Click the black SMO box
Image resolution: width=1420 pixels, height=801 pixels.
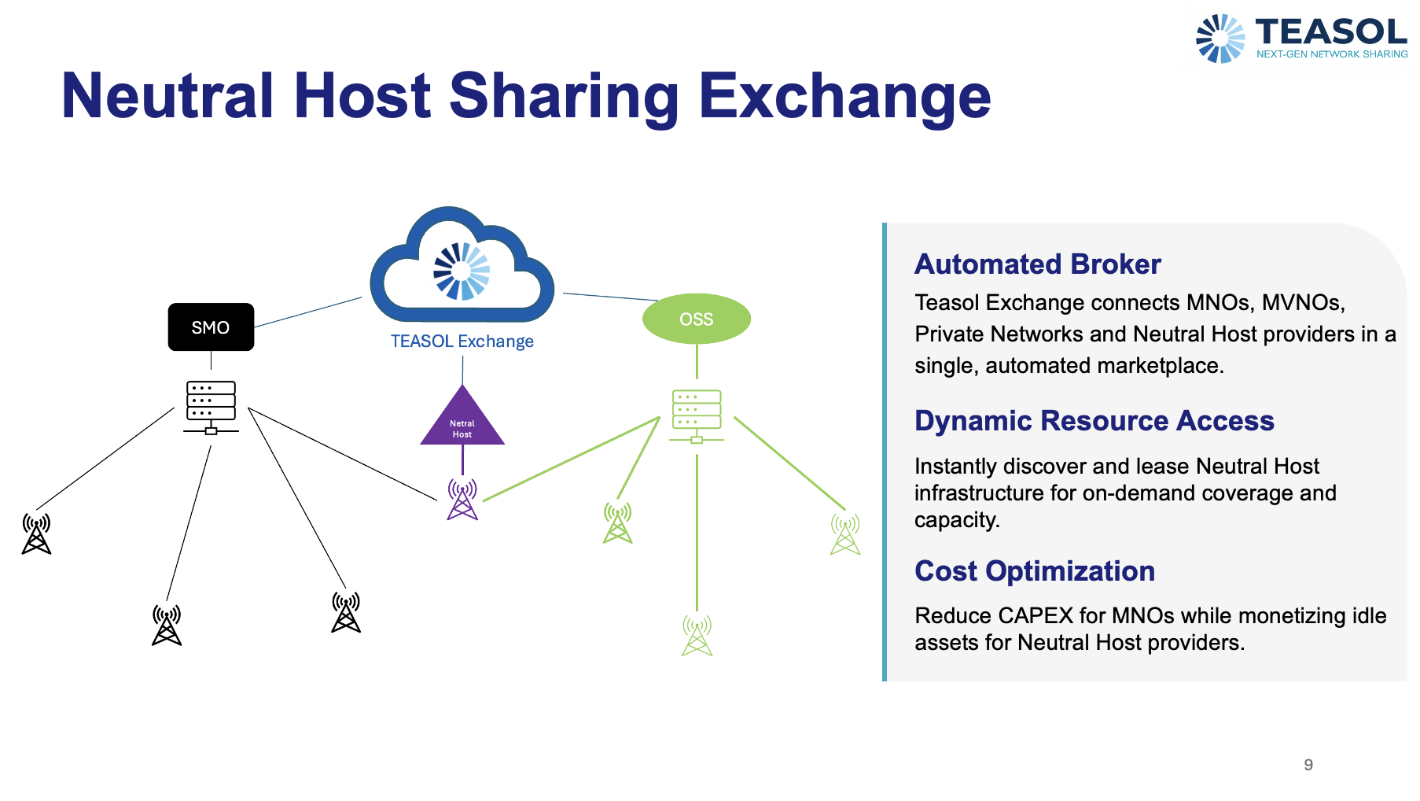click(211, 327)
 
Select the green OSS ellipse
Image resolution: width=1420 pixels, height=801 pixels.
click(696, 319)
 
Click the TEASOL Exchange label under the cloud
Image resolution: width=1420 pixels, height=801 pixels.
click(462, 341)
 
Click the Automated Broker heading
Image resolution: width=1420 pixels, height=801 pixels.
click(1037, 264)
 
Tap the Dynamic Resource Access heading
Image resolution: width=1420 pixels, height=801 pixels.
click(1094, 421)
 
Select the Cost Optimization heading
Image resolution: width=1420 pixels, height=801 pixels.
click(1034, 570)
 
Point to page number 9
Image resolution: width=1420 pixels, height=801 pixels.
click(1308, 764)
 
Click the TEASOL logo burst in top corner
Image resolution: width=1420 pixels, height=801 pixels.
click(1220, 38)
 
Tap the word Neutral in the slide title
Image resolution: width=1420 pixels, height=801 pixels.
click(167, 96)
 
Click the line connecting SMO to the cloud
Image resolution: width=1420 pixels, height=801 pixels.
click(308, 312)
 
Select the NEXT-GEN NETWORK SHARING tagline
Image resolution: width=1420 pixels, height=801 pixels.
click(1332, 54)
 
